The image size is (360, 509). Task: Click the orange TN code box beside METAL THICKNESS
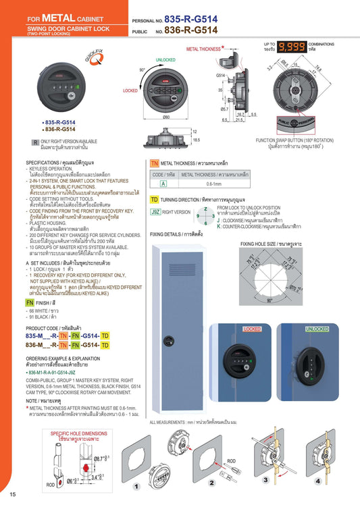(x=154, y=164)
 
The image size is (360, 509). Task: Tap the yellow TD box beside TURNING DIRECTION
(x=154, y=200)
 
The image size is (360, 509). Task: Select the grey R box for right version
(x=36, y=142)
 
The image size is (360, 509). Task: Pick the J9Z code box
(x=155, y=212)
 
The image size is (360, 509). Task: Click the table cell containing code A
(x=163, y=183)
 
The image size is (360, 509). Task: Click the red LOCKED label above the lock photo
(x=251, y=329)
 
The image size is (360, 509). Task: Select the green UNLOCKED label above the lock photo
(x=317, y=329)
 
